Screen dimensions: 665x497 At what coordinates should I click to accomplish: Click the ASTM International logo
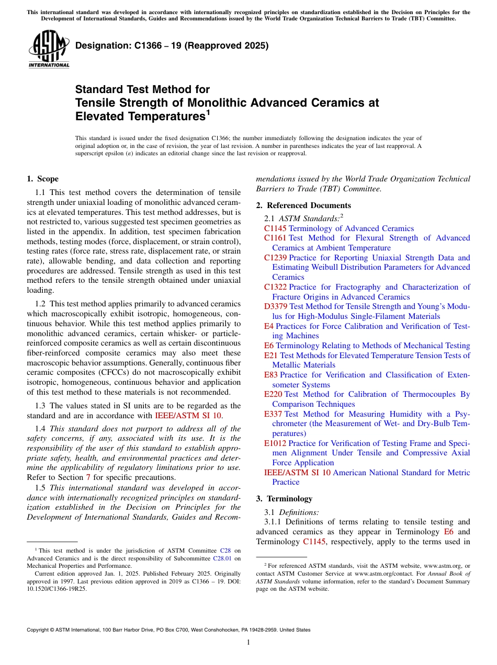tap(49, 49)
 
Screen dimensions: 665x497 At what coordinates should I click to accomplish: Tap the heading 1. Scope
tap(42, 179)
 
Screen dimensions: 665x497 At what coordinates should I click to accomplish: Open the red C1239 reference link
tap(275, 258)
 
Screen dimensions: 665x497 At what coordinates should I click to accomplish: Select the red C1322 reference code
tap(275, 287)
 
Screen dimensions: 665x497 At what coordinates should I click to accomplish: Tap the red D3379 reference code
tap(276, 306)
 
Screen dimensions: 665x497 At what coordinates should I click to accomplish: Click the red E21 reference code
tap(271, 356)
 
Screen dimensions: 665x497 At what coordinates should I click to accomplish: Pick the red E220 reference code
tap(273, 394)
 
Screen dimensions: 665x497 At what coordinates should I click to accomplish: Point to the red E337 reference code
tap(273, 414)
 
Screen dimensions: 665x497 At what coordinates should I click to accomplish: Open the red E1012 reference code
tap(275, 443)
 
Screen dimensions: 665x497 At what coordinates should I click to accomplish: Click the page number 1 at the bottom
tap(249, 642)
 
